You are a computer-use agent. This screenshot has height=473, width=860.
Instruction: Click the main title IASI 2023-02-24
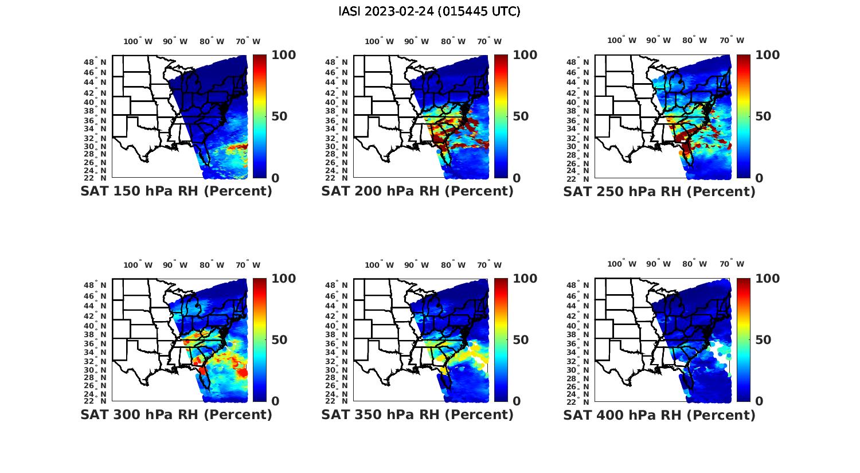pyautogui.click(x=429, y=11)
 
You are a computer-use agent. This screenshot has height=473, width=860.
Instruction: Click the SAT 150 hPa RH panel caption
pyautogui.click(x=176, y=191)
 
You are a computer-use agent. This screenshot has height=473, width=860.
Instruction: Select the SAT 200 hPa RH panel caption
pyautogui.click(x=417, y=191)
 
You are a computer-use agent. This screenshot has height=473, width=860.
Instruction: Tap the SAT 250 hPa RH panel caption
pyautogui.click(x=659, y=191)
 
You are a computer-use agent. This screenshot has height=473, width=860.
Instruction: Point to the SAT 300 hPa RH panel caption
pyautogui.click(x=176, y=415)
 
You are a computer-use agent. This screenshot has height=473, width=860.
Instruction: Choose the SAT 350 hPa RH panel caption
pyautogui.click(x=417, y=415)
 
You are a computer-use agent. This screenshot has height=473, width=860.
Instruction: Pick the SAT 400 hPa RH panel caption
pyautogui.click(x=659, y=415)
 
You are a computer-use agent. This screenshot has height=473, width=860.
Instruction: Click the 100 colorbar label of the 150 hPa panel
pyautogui.click(x=283, y=55)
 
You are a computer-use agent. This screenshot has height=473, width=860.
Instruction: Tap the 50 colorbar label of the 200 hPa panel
pyautogui.click(x=521, y=116)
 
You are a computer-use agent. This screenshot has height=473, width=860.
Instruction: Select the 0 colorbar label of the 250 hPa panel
pyautogui.click(x=759, y=178)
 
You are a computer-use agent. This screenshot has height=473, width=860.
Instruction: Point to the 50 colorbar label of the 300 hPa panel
pyautogui.click(x=279, y=340)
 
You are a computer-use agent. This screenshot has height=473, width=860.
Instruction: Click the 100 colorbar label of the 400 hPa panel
pyautogui.click(x=767, y=279)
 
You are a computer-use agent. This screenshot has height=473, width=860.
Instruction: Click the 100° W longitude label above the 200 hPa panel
pyautogui.click(x=379, y=41)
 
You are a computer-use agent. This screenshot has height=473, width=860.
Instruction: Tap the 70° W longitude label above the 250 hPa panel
pyautogui.click(x=732, y=40)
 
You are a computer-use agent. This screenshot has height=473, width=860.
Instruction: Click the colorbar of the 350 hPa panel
pyautogui.click(x=501, y=339)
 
